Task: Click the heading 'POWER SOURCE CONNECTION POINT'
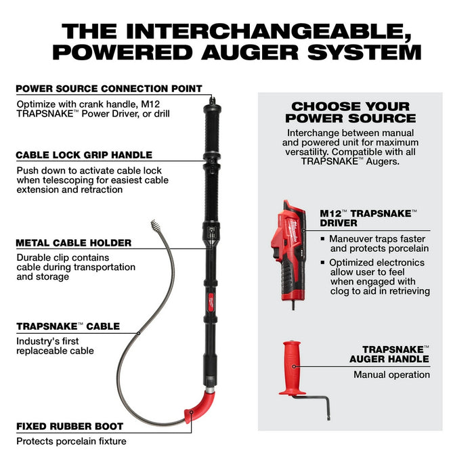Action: pyautogui.click(x=109, y=88)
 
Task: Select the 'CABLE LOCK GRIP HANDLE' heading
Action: pyautogui.click(x=84, y=154)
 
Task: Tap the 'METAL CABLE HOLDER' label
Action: pyautogui.click(x=74, y=242)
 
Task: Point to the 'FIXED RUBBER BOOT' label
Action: pyautogui.click(x=70, y=427)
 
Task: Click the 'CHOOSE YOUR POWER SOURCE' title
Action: pyautogui.click(x=350, y=112)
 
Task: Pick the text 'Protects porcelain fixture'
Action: pyautogui.click(x=71, y=441)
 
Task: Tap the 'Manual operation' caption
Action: pyautogui.click(x=391, y=374)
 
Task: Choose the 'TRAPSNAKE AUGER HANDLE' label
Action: pyautogui.click(x=389, y=353)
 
